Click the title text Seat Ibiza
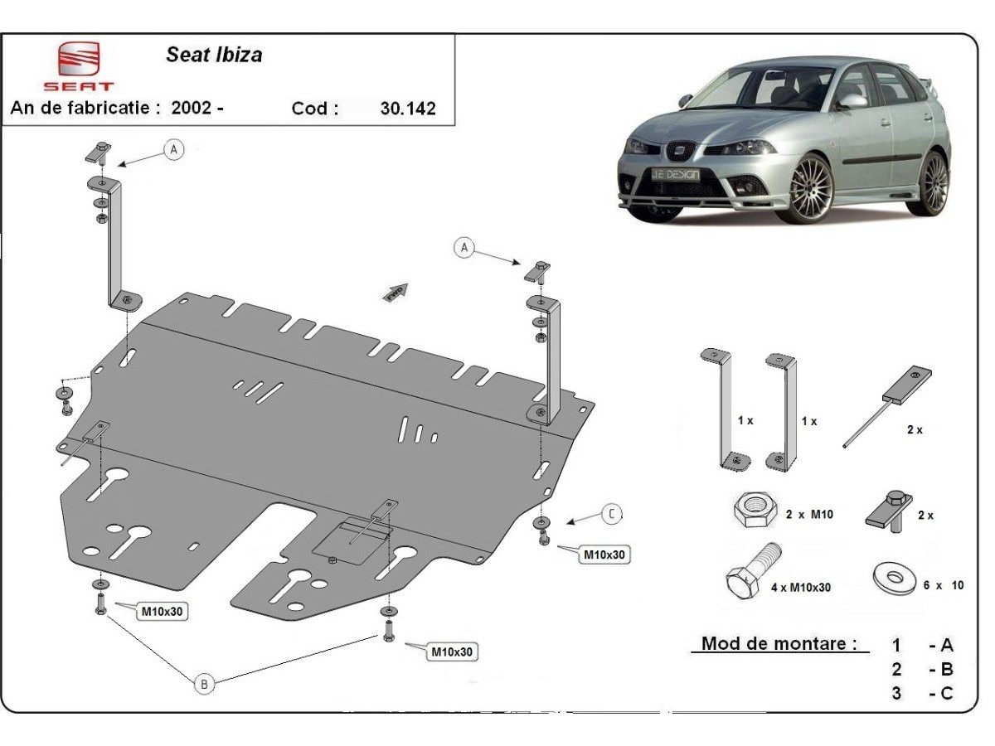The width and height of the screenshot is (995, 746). tap(214, 56)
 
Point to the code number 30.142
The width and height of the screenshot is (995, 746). tap(407, 109)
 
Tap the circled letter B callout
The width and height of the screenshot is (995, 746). tap(204, 684)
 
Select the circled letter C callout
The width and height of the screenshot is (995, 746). tap(611, 514)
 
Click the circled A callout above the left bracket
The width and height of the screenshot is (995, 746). tap(173, 149)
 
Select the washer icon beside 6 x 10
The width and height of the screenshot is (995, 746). tap(894, 579)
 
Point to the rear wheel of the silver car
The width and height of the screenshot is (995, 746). tap(934, 182)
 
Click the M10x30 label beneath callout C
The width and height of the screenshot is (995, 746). tap(604, 555)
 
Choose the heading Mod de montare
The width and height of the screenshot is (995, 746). tap(779, 643)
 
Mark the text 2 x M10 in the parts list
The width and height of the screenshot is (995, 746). tap(808, 515)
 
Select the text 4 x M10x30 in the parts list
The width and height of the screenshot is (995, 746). tap(801, 588)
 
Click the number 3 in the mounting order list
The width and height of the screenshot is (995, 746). tap(896, 693)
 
